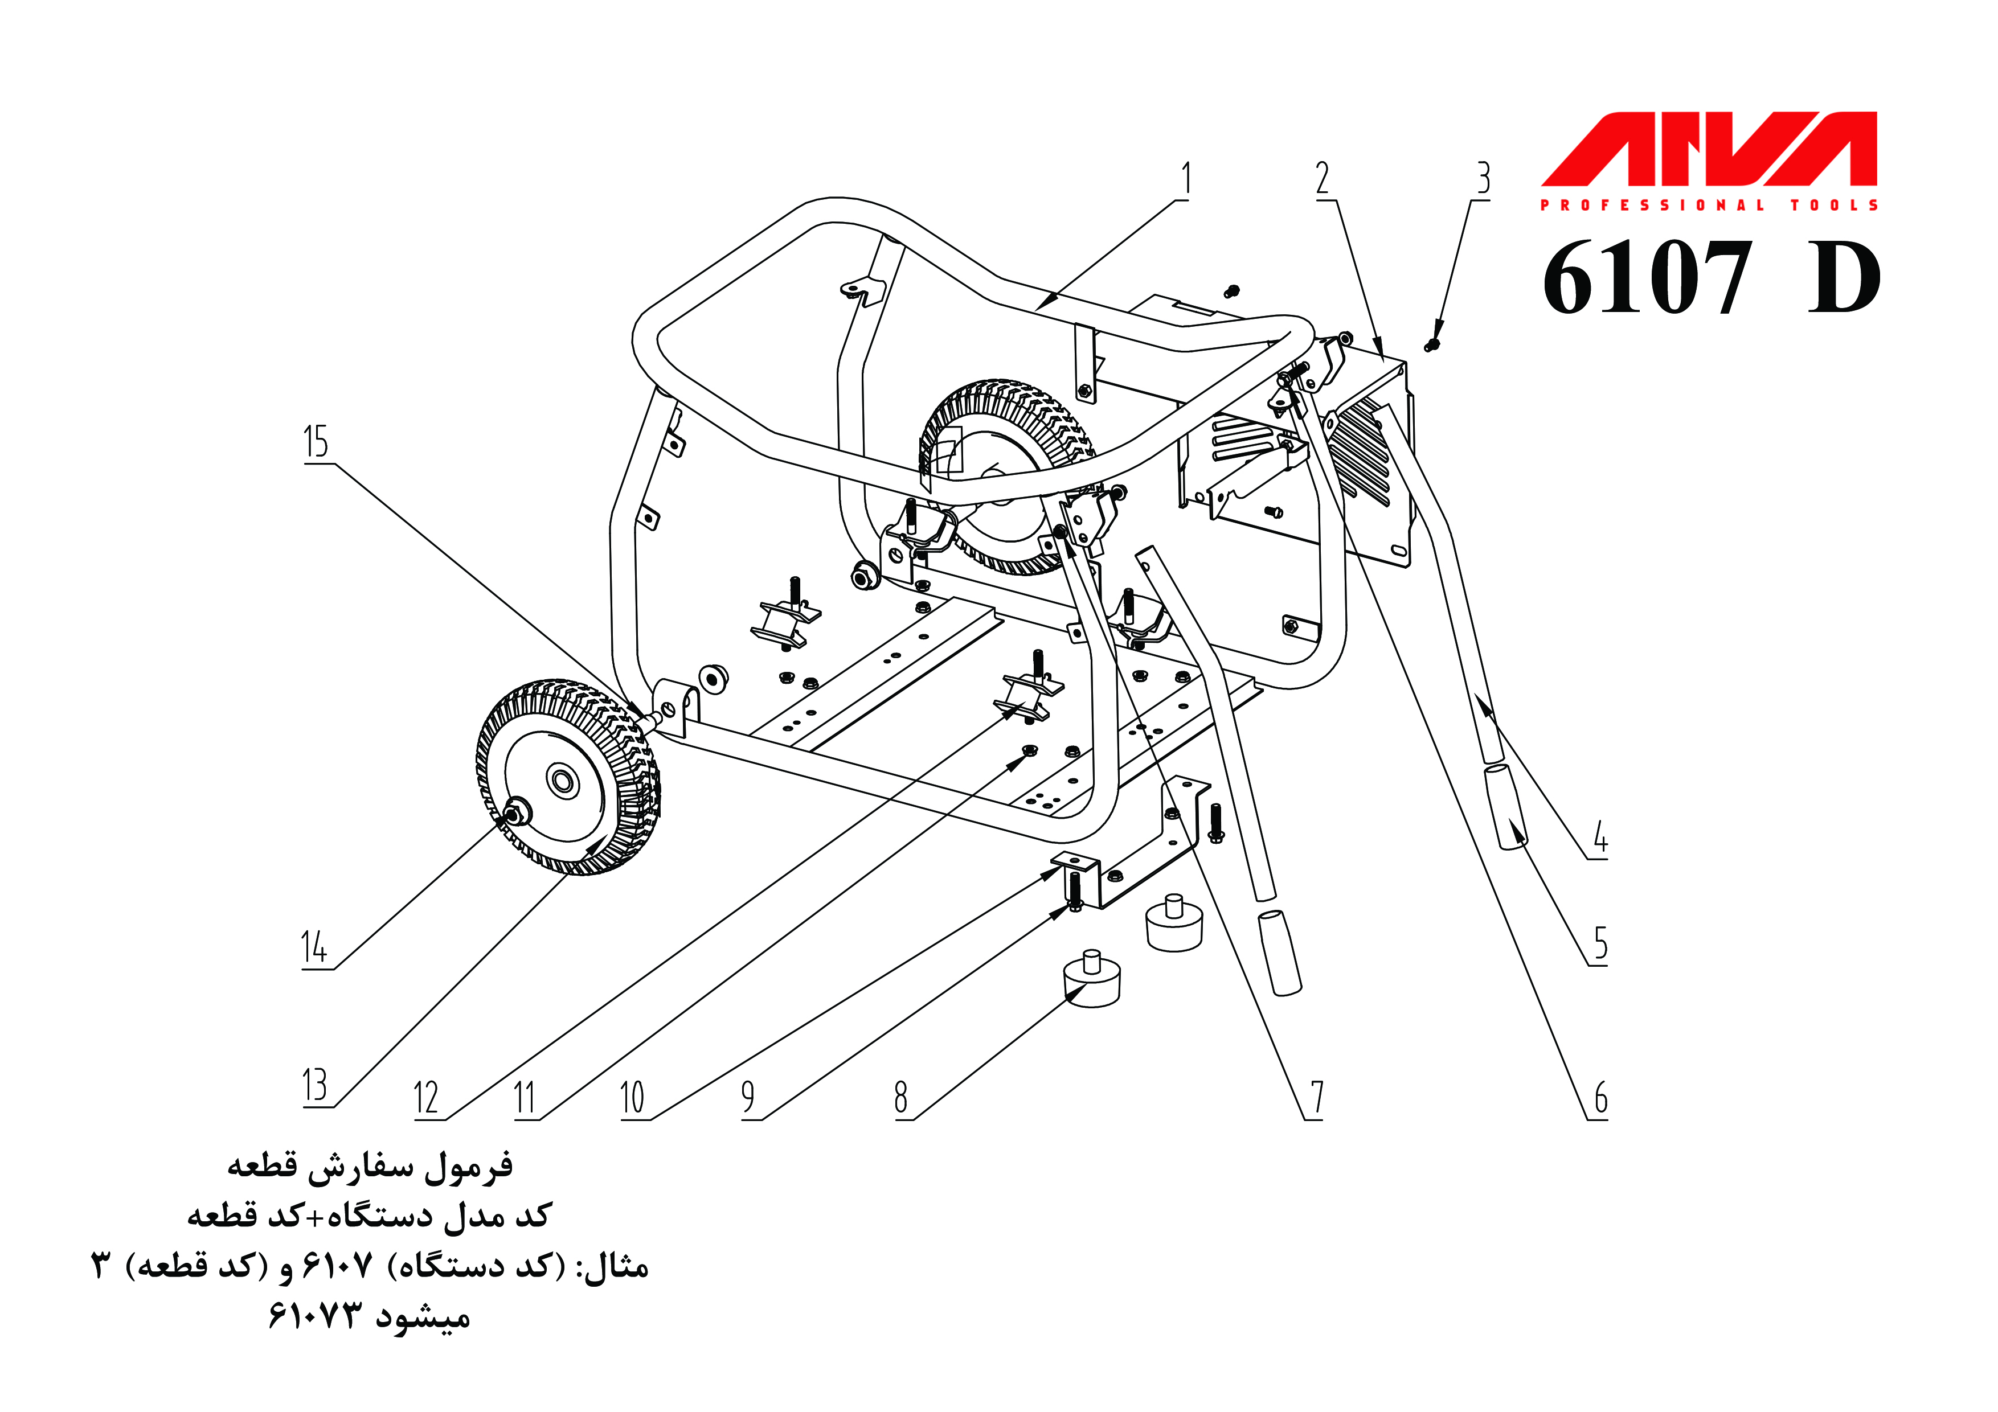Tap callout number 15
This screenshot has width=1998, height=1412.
coord(316,442)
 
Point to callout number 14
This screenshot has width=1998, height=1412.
coord(314,947)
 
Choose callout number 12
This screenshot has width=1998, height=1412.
coord(425,1098)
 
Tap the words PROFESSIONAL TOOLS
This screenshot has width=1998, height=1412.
coord(1708,206)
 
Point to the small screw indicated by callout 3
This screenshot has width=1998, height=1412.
coord(1431,346)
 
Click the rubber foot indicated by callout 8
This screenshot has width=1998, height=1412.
coord(1092,982)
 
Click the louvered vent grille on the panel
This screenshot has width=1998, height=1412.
coord(1362,453)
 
